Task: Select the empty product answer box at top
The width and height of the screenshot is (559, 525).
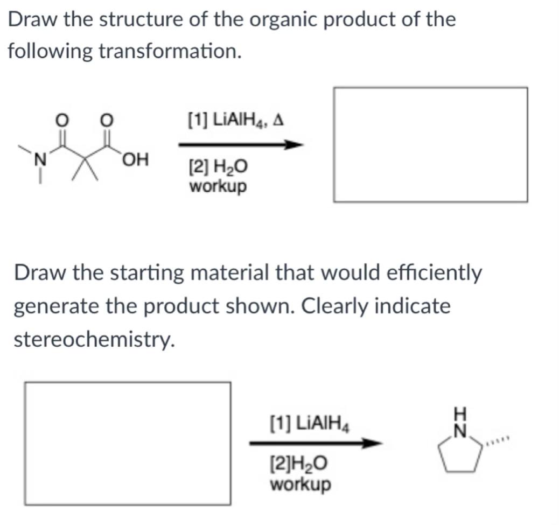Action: coord(430,144)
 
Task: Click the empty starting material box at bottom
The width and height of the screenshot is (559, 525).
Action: coord(128,443)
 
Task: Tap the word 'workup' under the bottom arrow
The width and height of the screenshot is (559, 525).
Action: coord(300,484)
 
